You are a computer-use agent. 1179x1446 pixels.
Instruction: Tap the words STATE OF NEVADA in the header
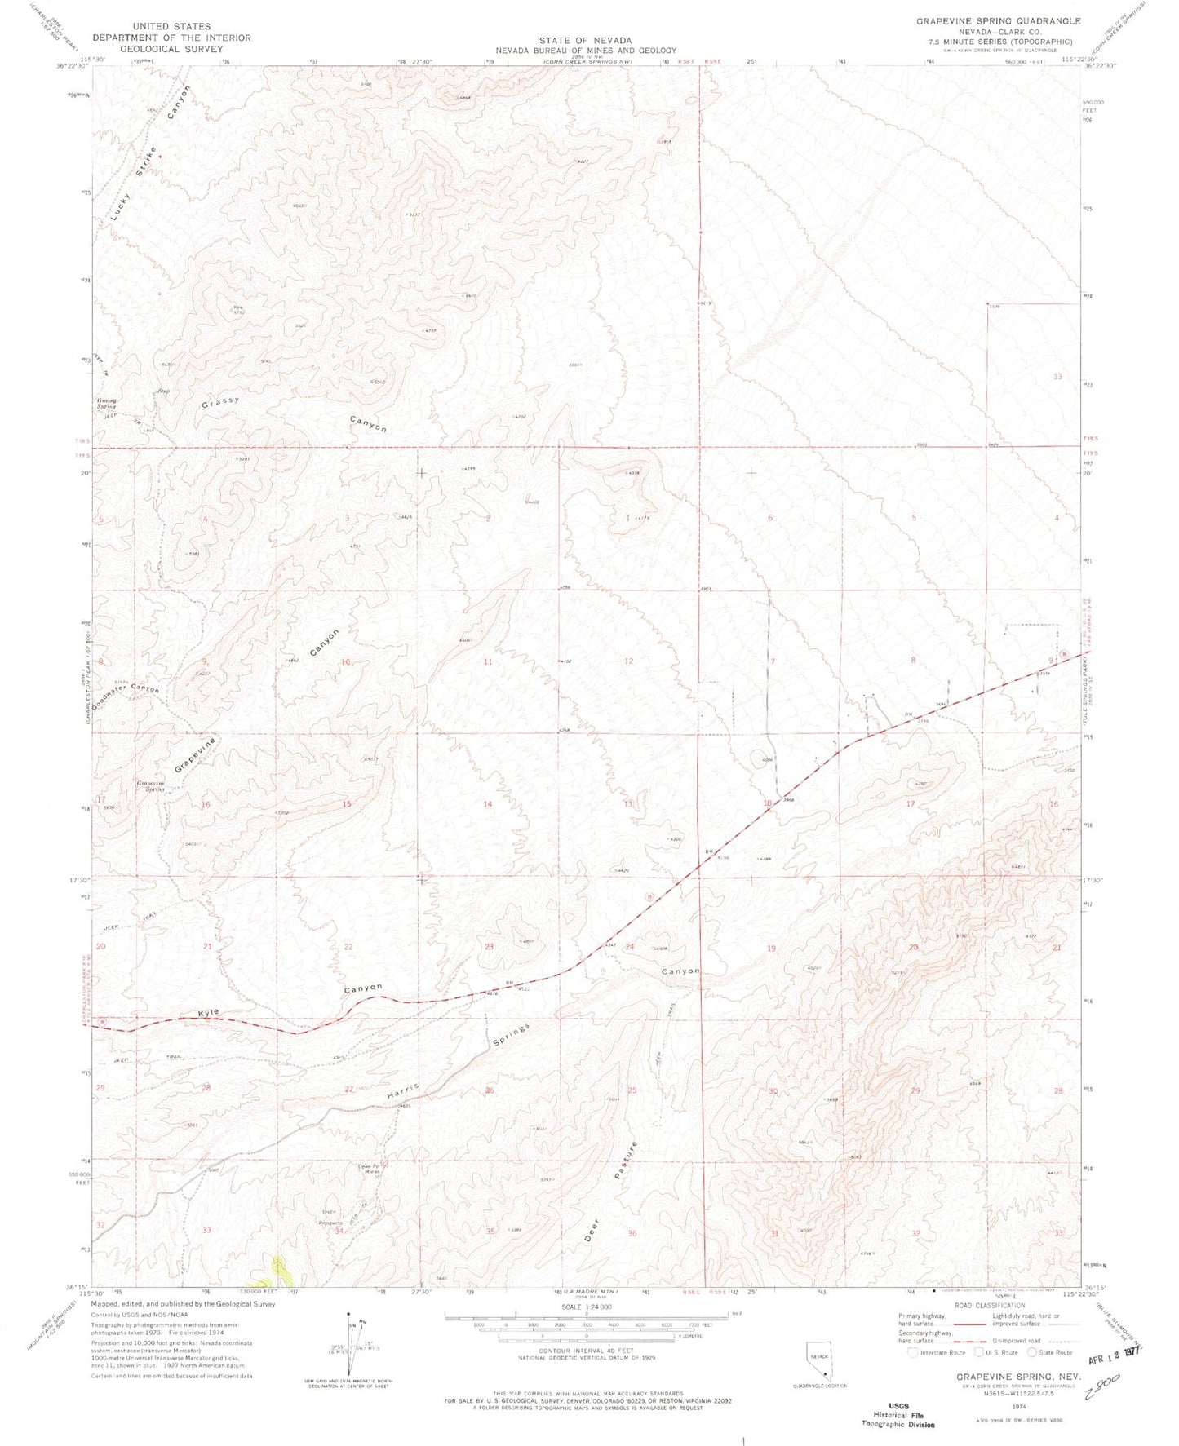[x=585, y=40]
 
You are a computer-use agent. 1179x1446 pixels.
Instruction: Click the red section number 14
[x=487, y=804]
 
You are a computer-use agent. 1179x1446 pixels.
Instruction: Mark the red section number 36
[x=632, y=1233]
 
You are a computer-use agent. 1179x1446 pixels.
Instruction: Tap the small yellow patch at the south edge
[x=280, y=1267]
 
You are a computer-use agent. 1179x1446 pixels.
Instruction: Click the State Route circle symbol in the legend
[x=1031, y=1352]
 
